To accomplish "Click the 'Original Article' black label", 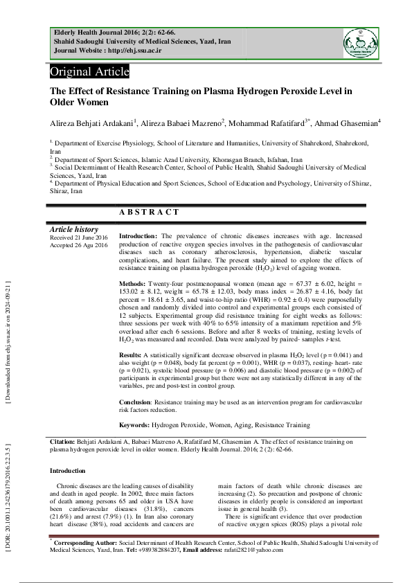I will click(x=89, y=72).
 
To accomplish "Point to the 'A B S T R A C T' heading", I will click(x=149, y=213).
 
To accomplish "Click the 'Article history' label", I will click(x=74, y=229).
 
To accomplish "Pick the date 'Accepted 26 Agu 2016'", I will click(x=79, y=244).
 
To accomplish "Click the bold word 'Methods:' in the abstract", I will click(x=132, y=285).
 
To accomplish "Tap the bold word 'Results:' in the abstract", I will click(x=132, y=355).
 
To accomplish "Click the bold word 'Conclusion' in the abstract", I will click(x=135, y=402).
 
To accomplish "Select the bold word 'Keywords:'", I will click(x=134, y=424).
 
